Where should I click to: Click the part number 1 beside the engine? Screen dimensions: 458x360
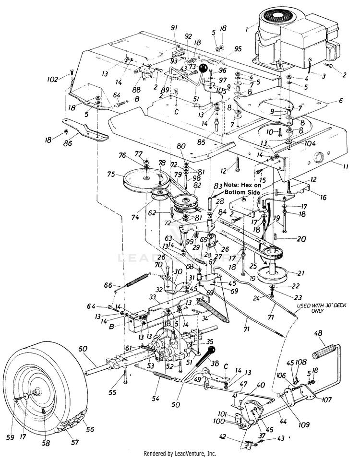point(246,29)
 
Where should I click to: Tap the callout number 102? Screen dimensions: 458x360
point(53,79)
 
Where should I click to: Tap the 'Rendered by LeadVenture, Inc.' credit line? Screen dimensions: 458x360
point(180,453)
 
